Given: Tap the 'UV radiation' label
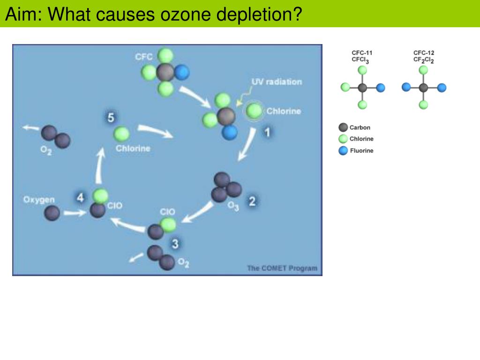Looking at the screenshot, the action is [277, 82].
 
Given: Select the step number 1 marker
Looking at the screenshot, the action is [267, 133].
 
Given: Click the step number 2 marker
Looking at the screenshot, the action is [252, 202].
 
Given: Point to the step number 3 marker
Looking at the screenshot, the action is [175, 243].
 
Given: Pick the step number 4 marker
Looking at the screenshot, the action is [81, 198].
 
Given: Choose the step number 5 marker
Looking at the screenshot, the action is [110, 118].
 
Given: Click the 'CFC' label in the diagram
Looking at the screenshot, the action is [143, 57].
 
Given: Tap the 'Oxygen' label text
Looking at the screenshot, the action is [39, 200].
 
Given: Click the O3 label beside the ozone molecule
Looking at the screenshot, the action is [233, 206].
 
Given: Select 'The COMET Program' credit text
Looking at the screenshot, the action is [282, 268].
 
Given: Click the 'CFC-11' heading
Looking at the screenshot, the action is [362, 53].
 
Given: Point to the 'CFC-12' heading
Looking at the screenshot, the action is [423, 53].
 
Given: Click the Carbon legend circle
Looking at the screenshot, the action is [343, 127].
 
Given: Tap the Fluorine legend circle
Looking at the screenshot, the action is [343, 150].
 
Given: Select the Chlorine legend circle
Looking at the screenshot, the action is [343, 139].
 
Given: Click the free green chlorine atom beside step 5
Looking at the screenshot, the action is [121, 135].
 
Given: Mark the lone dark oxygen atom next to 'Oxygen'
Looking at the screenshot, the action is [52, 213].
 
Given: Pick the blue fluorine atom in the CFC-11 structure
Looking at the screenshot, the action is [381, 88].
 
